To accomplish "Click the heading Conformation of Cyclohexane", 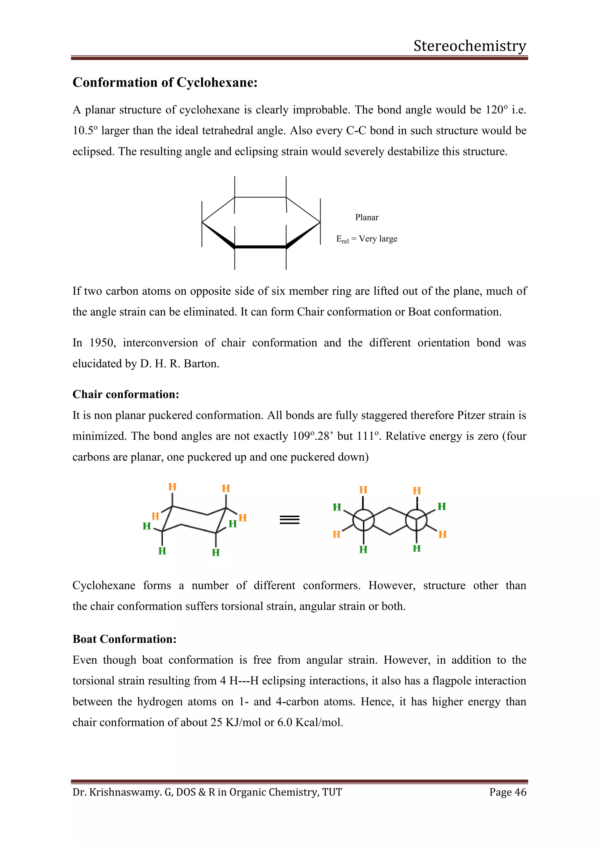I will tap(165, 82).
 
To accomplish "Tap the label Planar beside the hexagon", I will tap(367, 217).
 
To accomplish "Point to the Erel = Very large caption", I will tap(367, 239).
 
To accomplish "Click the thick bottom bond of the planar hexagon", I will tap(260, 247).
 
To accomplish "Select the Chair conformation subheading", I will tap(126, 394).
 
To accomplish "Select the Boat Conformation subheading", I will tap(124, 639).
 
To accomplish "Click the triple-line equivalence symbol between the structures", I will tap(290, 520).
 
